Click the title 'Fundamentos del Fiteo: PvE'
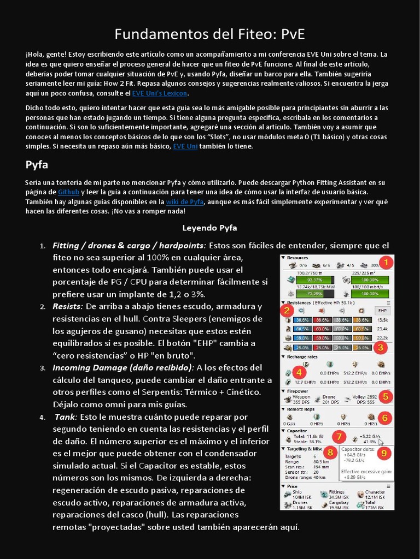tap(209, 34)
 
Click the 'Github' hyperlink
tap(69, 192)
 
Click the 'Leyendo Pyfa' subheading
tap(209, 227)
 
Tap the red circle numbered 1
tap(386, 263)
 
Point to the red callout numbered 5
tap(386, 396)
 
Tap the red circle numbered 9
tap(384, 452)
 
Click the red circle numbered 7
tap(340, 436)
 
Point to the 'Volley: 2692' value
tap(364, 397)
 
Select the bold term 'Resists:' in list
tap(67, 306)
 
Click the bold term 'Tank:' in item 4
tap(66, 417)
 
